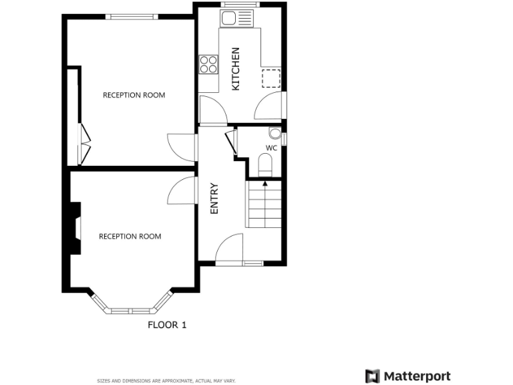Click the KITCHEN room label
pyautogui.click(x=235, y=69)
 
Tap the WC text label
pyautogui.click(x=271, y=148)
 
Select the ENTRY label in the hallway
pyautogui.click(x=214, y=199)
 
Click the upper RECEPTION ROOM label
pyautogui.click(x=134, y=95)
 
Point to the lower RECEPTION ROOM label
pyautogui.click(x=130, y=236)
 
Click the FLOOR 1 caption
pyautogui.click(x=167, y=326)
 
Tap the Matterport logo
pyautogui.click(x=408, y=376)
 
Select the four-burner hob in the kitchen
pyautogui.click(x=208, y=64)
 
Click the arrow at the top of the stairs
pyautogui.click(x=265, y=182)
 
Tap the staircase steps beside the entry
pyautogui.click(x=265, y=206)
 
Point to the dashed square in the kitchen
pyautogui.click(x=271, y=78)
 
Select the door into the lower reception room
pyautogui.click(x=182, y=191)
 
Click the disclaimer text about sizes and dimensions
pyautogui.click(x=166, y=380)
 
